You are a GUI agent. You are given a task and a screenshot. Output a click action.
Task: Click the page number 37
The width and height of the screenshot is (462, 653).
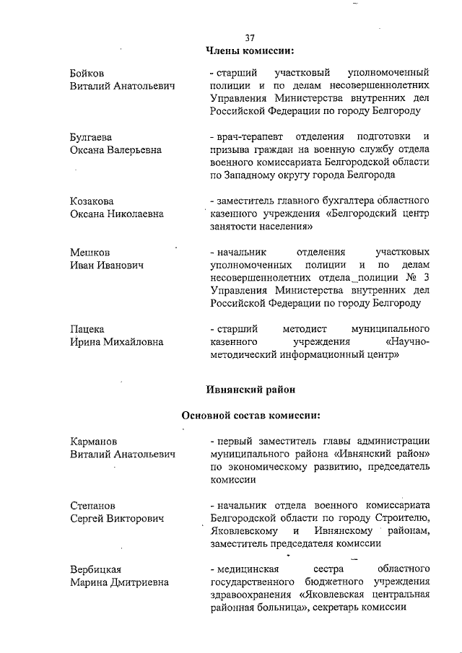[x=250, y=38]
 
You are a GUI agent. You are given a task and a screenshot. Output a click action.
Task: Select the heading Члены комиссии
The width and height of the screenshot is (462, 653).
[x=250, y=51]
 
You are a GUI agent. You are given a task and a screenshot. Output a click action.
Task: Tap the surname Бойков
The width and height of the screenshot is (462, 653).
[x=87, y=73]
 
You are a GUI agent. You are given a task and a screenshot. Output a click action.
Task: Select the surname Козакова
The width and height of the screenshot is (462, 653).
[x=92, y=201]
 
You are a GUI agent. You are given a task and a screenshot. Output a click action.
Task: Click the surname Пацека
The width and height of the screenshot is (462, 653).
[x=87, y=329]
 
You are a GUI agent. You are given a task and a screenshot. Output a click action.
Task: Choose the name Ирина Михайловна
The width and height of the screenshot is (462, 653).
[x=116, y=342]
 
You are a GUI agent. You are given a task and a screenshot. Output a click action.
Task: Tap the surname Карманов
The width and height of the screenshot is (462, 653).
[x=94, y=442]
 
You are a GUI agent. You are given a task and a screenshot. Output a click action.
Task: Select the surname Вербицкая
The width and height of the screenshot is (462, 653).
[x=95, y=570]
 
